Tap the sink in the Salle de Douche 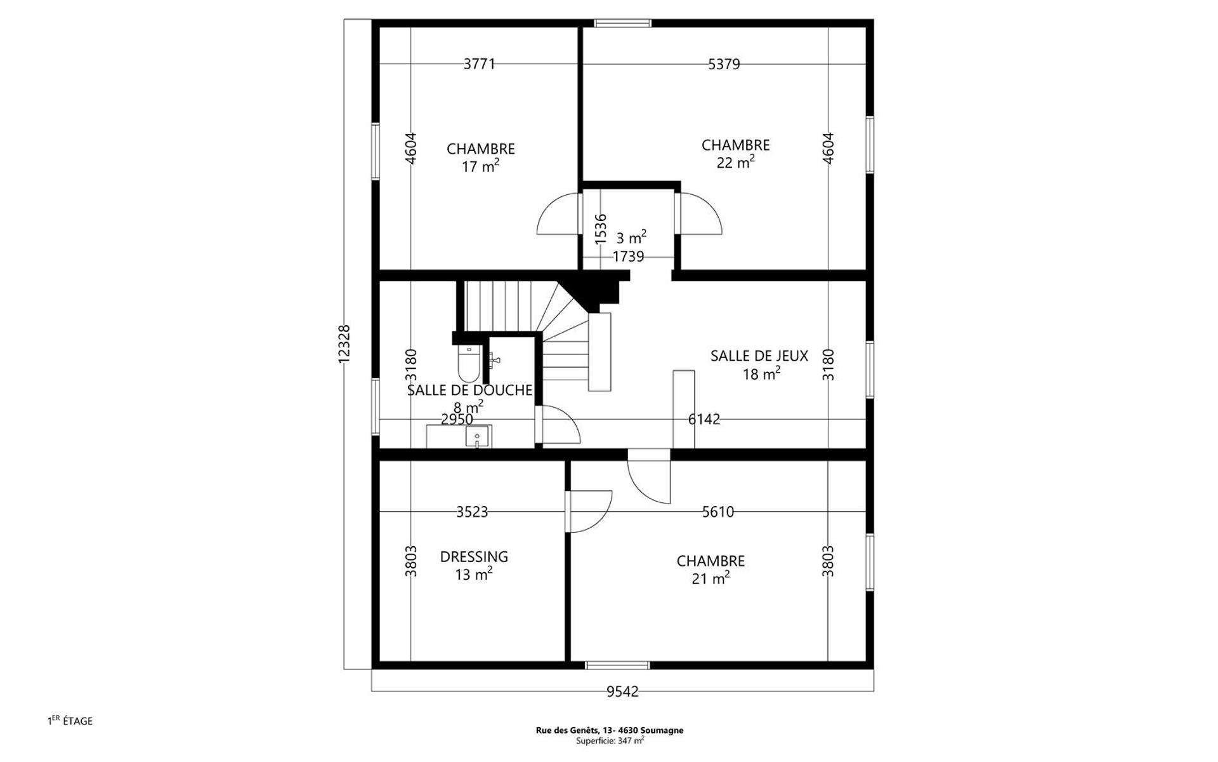pyautogui.click(x=477, y=436)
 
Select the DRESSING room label pyautogui.click(x=474, y=557)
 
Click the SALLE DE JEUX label pyautogui.click(x=759, y=356)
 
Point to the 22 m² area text pyautogui.click(x=736, y=163)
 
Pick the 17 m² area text pyautogui.click(x=480, y=166)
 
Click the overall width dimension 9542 pyautogui.click(x=622, y=692)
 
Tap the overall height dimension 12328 pyautogui.click(x=344, y=344)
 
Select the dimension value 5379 pyautogui.click(x=724, y=64)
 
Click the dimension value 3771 pyautogui.click(x=479, y=64)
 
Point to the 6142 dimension pyautogui.click(x=704, y=419)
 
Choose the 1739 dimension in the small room pyautogui.click(x=628, y=257)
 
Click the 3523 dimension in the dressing pyautogui.click(x=472, y=512)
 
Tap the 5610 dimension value pyautogui.click(x=718, y=512)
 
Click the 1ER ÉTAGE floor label pyautogui.click(x=70, y=721)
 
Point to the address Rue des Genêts pyautogui.click(x=610, y=730)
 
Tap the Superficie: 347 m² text pyautogui.click(x=610, y=740)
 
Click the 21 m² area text pyautogui.click(x=710, y=578)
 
